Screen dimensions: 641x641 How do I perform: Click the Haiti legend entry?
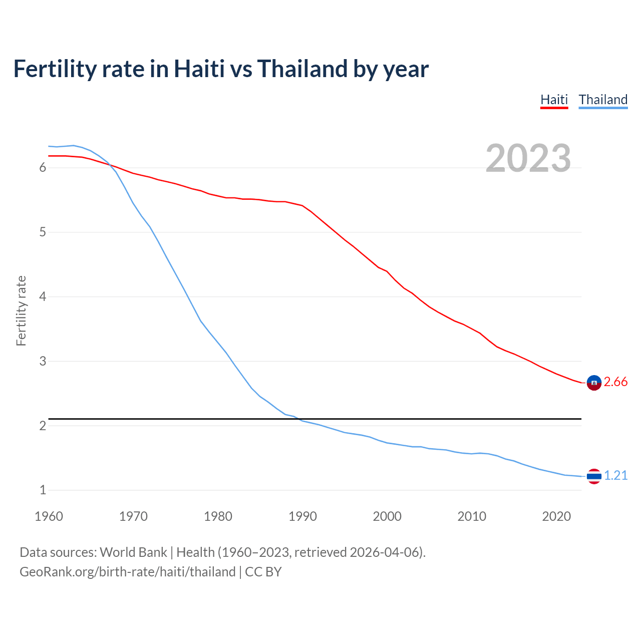554,100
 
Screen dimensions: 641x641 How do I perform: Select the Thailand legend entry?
603,100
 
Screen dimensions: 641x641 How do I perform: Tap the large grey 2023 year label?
528,158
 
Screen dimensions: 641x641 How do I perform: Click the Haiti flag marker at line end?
594,383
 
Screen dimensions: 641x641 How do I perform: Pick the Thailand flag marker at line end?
594,476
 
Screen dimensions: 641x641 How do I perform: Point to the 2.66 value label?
615,382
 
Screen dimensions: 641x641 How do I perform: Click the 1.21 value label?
615,476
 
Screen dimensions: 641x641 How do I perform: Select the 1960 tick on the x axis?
49,516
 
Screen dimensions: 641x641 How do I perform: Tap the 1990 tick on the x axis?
302,516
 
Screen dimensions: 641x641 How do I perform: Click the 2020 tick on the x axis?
556,516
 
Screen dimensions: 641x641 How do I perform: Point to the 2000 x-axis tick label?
387,516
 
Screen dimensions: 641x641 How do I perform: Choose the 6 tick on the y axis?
43,168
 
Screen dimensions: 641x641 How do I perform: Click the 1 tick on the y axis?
43,490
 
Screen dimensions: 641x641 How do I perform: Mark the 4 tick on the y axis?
43,297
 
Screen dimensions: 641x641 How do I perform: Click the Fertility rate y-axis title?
21,310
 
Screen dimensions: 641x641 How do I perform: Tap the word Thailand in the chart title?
302,69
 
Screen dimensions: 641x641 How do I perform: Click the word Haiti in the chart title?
199,69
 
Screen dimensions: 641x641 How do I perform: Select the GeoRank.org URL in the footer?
127,572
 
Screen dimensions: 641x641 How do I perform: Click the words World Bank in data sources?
133,552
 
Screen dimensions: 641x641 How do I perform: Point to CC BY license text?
263,572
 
